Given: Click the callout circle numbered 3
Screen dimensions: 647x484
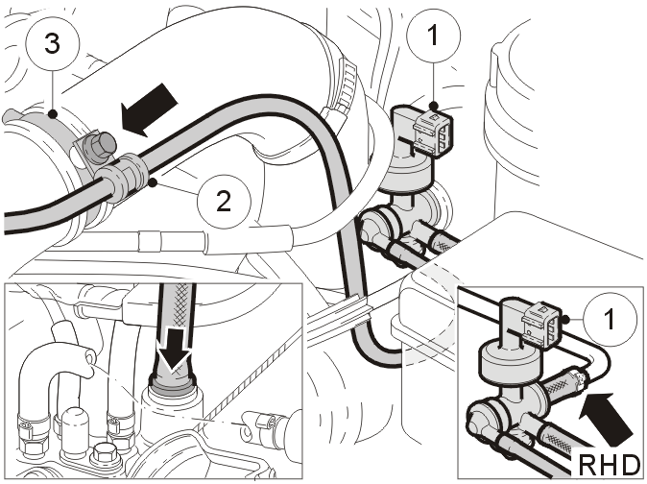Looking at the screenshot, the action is pos(52,43).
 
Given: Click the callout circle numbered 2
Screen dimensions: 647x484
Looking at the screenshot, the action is pos(224,202).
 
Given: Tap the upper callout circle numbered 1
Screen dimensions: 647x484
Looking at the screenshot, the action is pos(433,36).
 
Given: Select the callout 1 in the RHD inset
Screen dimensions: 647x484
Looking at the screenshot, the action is pos(609,319).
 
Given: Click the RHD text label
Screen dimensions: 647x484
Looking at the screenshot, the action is pos(609,464).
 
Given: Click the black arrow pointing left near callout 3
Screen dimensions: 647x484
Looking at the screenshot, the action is pos(149,110).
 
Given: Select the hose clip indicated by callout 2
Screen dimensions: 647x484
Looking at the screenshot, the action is pos(124,176).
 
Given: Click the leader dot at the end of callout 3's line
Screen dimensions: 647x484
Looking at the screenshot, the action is pos(53,114).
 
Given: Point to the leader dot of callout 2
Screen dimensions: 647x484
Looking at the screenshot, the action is pos(153,182).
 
